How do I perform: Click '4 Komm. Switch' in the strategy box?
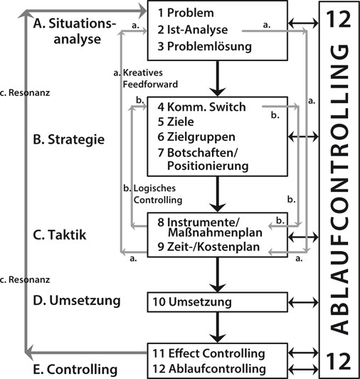tap(201, 107)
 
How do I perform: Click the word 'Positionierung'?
tap(206, 167)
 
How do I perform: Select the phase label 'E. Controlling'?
tap(75, 369)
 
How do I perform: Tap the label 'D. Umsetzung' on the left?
tap(76, 301)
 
